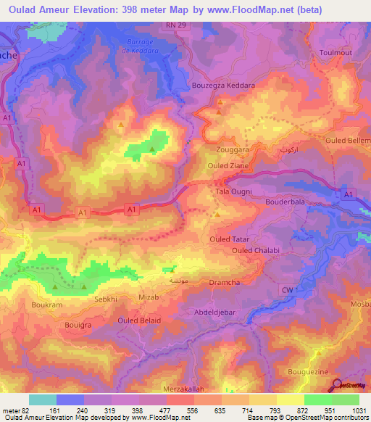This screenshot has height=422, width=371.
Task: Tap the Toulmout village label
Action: (335, 54)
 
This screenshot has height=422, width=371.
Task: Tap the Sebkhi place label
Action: (105, 298)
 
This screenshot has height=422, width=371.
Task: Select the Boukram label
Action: (46, 306)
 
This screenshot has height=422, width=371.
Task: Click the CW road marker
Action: (286, 290)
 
